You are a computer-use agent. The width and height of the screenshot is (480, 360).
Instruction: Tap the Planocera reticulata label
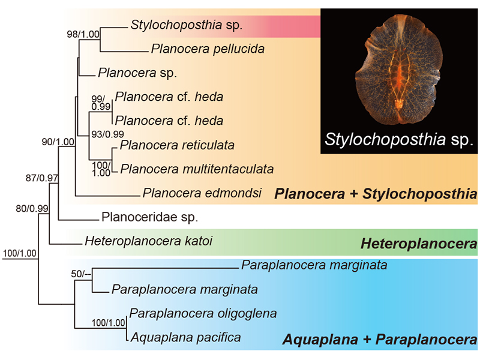pyautogui.click(x=177, y=145)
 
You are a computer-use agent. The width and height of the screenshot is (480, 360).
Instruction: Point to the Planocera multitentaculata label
pyautogui.click(x=197, y=169)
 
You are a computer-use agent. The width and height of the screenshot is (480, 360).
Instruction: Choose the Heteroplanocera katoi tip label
pyautogui.click(x=149, y=242)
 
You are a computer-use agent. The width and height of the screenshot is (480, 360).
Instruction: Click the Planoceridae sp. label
pyautogui.click(x=150, y=217)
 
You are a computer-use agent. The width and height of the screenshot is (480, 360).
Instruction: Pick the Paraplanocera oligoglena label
pyautogui.click(x=203, y=313)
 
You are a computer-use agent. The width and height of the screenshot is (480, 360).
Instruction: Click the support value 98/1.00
pyautogui.click(x=83, y=34)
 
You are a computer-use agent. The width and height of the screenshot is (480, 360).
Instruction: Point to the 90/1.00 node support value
pyautogui.click(x=58, y=142)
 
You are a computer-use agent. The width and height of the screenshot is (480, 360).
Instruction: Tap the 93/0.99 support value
pyautogui.click(x=107, y=133)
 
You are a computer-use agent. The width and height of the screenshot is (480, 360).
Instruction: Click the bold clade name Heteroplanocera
pyautogui.click(x=418, y=244)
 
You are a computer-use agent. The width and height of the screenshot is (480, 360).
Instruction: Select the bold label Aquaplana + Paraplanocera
pyautogui.click(x=379, y=340)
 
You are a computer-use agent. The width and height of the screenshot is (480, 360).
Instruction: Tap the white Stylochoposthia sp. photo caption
pyautogui.click(x=398, y=140)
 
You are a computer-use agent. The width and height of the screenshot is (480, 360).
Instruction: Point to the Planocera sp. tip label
pyautogui.click(x=128, y=73)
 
